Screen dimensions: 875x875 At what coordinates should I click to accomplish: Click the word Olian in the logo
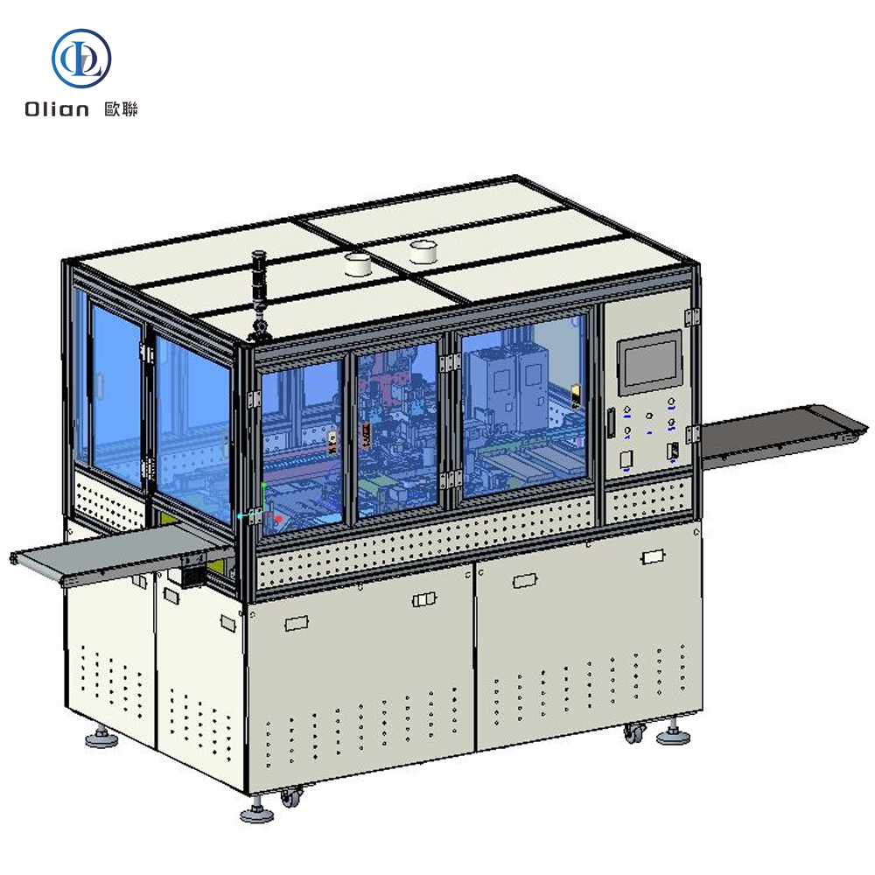57,109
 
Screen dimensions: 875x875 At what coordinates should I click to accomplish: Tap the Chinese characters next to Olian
121,109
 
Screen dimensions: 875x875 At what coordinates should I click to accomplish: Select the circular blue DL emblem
82,57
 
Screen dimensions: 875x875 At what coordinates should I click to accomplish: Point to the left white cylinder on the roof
359,263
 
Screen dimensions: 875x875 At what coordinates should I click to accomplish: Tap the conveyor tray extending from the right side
770,435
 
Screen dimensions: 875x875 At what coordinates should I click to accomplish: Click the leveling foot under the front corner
256,814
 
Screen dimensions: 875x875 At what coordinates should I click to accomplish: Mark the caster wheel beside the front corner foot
290,797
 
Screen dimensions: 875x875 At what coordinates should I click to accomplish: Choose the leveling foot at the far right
673,735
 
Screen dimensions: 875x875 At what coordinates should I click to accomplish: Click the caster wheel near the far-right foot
633,733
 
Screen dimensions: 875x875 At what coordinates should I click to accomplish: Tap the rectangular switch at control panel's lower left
626,458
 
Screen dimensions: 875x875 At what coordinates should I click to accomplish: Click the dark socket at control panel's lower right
671,451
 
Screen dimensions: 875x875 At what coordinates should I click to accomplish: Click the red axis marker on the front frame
278,518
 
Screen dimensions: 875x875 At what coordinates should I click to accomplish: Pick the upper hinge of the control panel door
695,316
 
